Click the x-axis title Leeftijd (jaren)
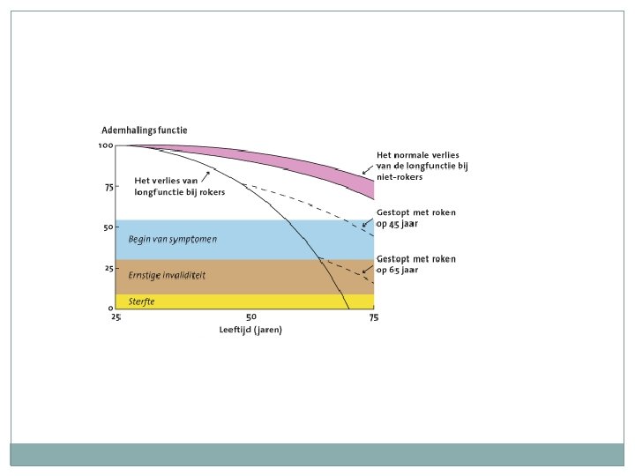coord(251,330)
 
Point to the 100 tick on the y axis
coord(106,145)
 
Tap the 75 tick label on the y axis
coord(108,187)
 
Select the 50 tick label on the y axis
coord(108,227)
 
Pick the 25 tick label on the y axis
coord(108,268)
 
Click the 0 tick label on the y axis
coord(110,309)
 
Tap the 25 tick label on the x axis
coord(116,317)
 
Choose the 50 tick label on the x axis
coord(251,317)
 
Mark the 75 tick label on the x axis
coord(374,317)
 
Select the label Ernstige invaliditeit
coord(168,276)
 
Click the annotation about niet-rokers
coord(417,166)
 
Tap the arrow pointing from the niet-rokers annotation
coord(368,169)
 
